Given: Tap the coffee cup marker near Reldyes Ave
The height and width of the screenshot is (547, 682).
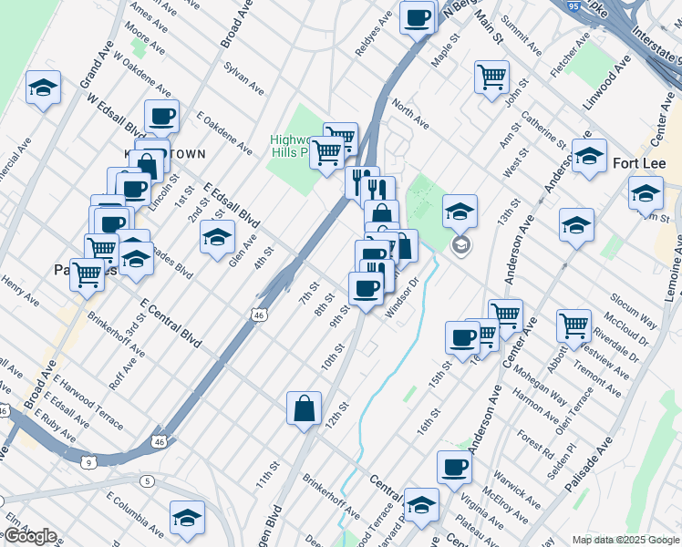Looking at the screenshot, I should point(417,17).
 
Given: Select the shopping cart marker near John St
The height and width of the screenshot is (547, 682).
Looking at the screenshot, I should point(491,76).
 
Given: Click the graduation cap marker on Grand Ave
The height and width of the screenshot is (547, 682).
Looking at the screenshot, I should point(42,88).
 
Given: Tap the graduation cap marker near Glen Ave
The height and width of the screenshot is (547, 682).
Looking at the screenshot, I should point(216,238).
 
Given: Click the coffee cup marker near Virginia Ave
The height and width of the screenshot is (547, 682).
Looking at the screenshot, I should point(453,469).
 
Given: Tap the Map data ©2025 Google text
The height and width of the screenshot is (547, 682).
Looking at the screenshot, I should point(625,539).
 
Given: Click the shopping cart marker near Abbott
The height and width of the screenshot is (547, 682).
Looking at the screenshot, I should point(573,324).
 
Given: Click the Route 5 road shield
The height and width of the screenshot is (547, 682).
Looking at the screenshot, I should point(147,480).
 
